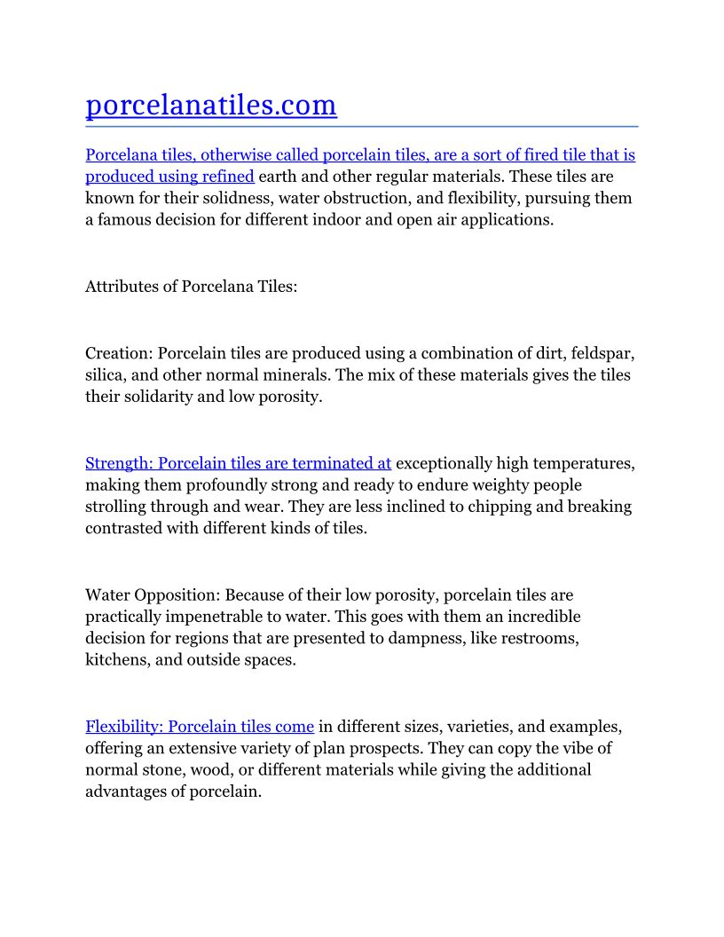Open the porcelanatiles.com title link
click(211, 106)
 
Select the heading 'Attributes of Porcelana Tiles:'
click(191, 287)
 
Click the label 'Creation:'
click(119, 353)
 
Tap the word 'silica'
click(106, 374)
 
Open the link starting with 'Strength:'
click(238, 463)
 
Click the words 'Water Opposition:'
click(153, 594)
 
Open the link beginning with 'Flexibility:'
click(200, 727)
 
